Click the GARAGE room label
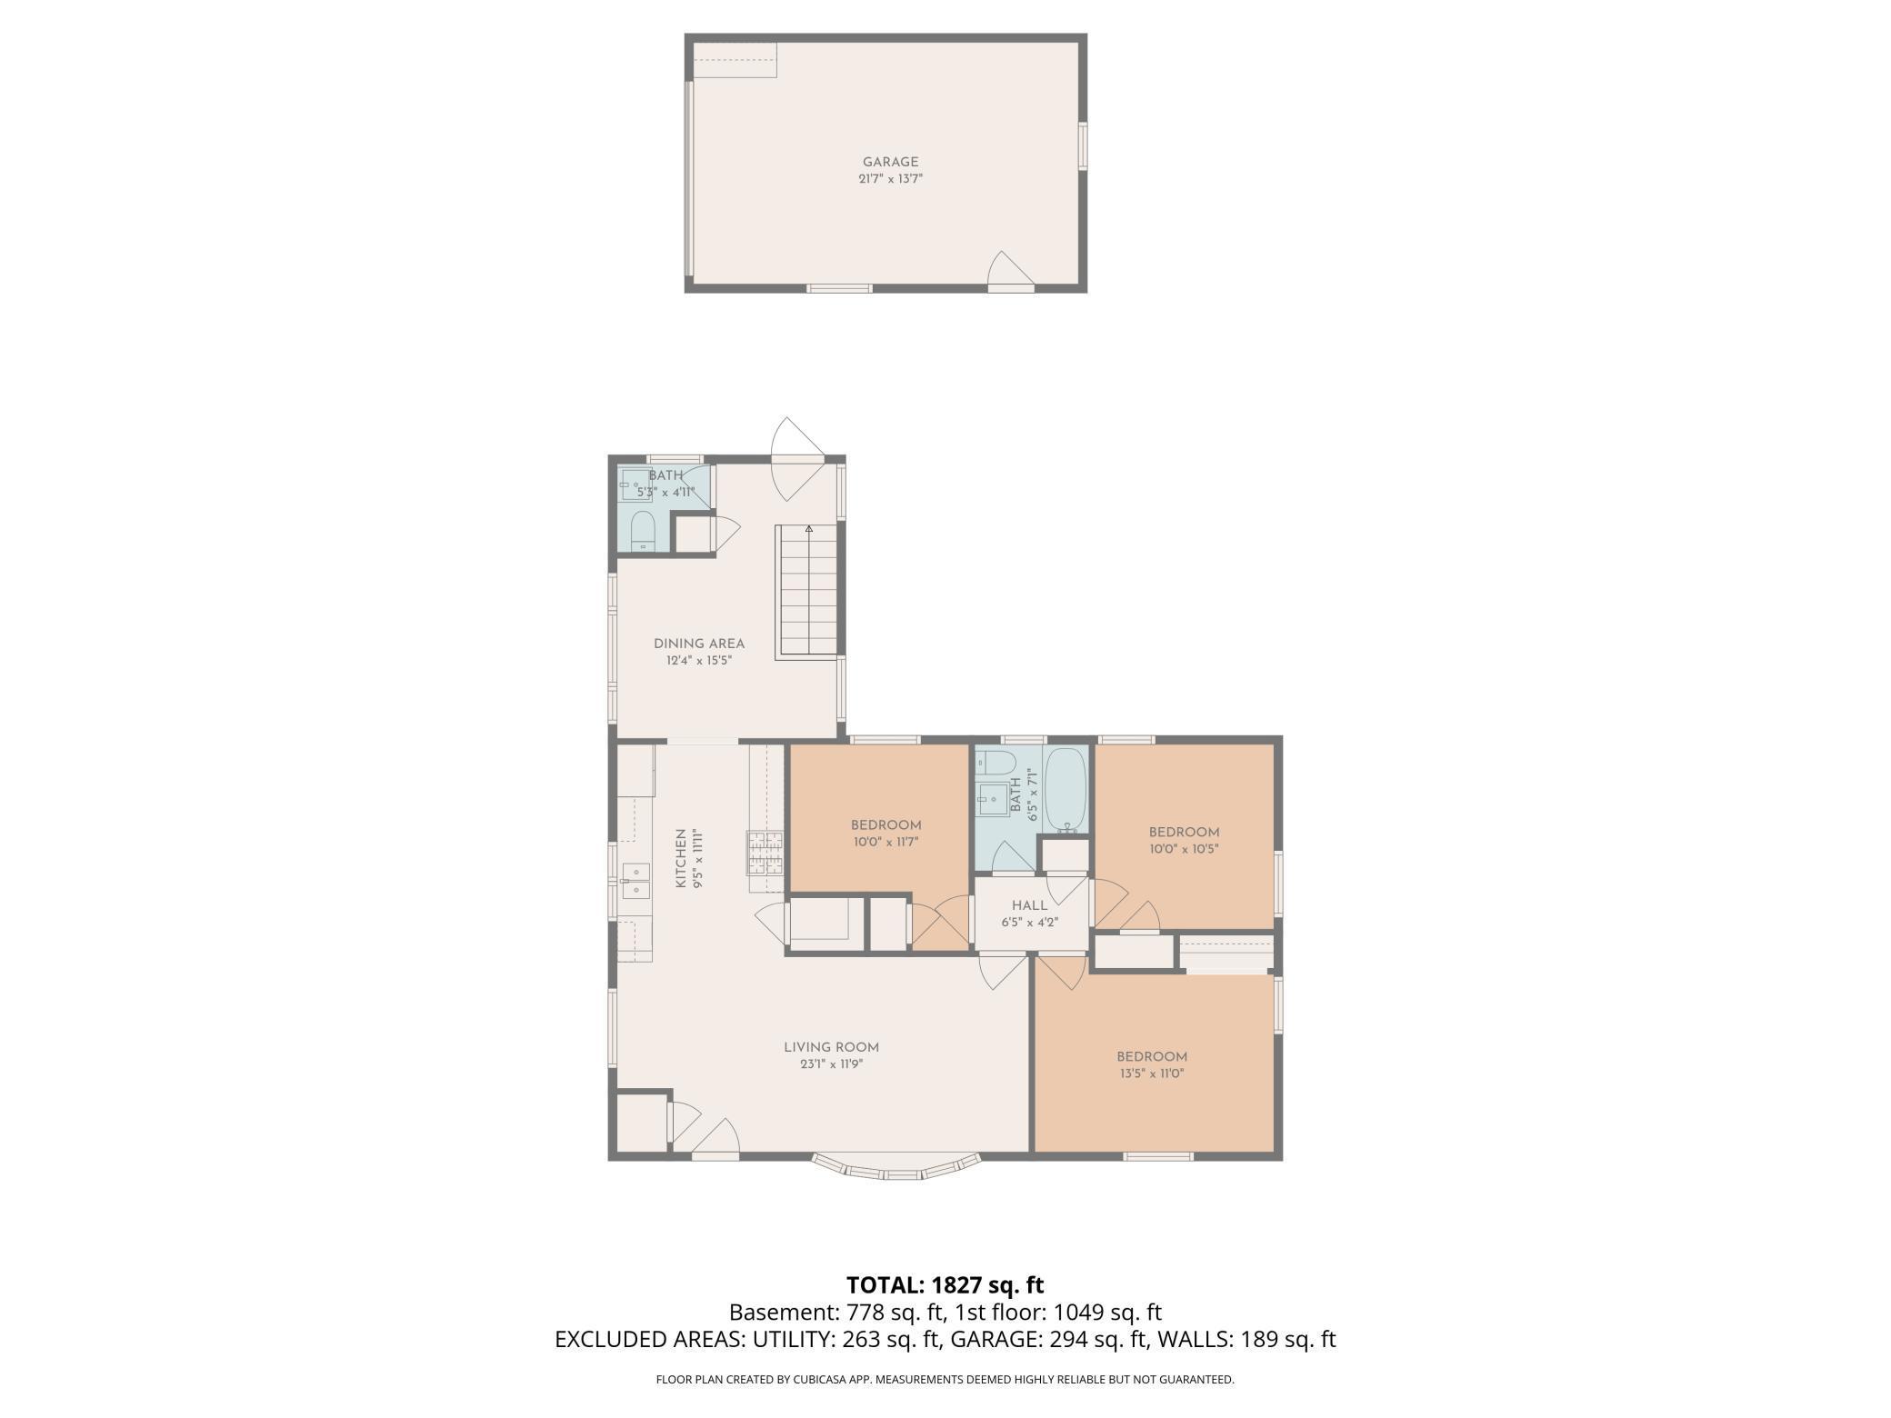click(890, 162)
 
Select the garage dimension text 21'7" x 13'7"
click(890, 179)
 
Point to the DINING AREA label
click(698, 644)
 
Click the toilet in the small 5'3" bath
click(643, 531)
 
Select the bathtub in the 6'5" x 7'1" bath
click(1065, 790)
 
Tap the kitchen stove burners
click(765, 853)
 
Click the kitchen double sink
click(635, 880)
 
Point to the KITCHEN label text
click(680, 858)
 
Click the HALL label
click(1029, 905)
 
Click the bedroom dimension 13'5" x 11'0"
click(1152, 1073)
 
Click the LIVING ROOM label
click(831, 1047)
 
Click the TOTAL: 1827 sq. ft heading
click(945, 1285)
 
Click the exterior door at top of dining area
click(797, 459)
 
